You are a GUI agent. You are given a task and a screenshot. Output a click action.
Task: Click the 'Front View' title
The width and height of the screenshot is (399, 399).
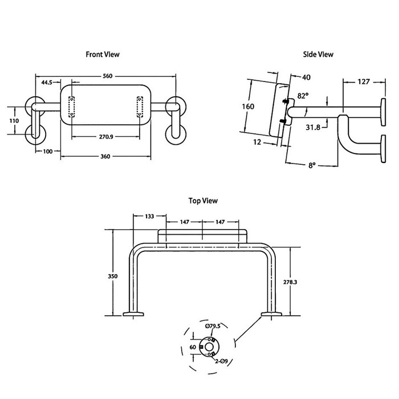coord(103,54)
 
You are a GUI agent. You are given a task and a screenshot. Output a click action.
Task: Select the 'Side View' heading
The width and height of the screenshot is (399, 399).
coord(317,54)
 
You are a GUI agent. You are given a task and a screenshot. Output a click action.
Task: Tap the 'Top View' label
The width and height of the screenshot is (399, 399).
coord(203,201)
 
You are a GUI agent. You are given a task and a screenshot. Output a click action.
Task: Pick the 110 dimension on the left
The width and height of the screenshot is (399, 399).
coord(14,120)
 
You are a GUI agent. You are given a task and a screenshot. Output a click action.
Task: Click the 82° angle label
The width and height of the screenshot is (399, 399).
coord(303,96)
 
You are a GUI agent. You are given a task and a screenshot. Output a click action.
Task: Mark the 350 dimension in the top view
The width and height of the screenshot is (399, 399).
coord(112,276)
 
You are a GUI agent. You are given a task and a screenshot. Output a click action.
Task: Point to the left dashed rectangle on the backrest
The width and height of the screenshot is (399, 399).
coord(72,107)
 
